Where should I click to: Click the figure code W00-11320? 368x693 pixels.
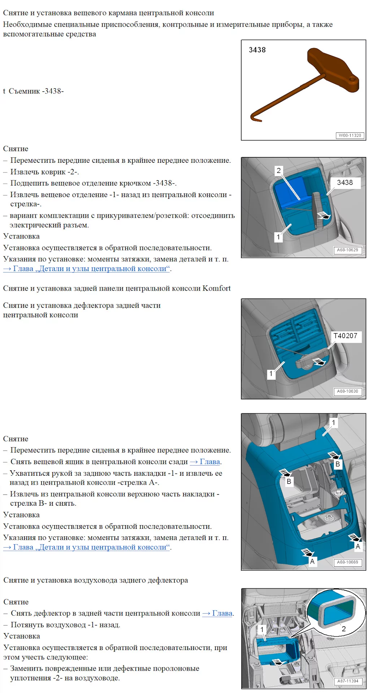click(x=350, y=135)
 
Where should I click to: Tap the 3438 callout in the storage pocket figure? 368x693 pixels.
click(x=345, y=183)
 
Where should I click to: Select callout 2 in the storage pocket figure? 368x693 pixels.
click(x=278, y=170)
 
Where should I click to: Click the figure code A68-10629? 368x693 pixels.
click(x=347, y=250)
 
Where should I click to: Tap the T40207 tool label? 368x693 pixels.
click(x=345, y=336)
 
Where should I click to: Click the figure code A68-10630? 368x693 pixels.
click(x=347, y=391)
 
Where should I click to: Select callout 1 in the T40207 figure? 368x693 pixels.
click(x=271, y=374)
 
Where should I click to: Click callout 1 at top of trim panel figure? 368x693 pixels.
click(x=334, y=422)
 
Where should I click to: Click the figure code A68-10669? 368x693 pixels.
click(x=347, y=562)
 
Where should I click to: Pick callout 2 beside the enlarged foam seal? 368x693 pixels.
click(x=344, y=629)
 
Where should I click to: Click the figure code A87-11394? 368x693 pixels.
click(x=348, y=681)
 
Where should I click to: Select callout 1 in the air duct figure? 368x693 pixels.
click(x=262, y=629)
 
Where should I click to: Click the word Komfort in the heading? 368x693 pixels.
click(x=216, y=288)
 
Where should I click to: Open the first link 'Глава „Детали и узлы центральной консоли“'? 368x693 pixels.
click(x=87, y=269)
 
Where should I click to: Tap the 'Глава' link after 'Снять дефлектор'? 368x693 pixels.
click(x=218, y=613)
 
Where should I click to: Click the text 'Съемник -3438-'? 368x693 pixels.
click(x=36, y=91)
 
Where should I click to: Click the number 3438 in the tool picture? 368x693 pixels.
click(x=257, y=50)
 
